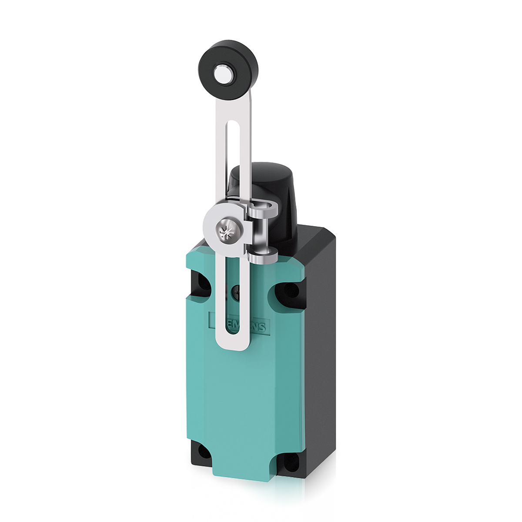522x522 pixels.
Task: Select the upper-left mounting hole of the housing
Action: (x=199, y=284)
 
